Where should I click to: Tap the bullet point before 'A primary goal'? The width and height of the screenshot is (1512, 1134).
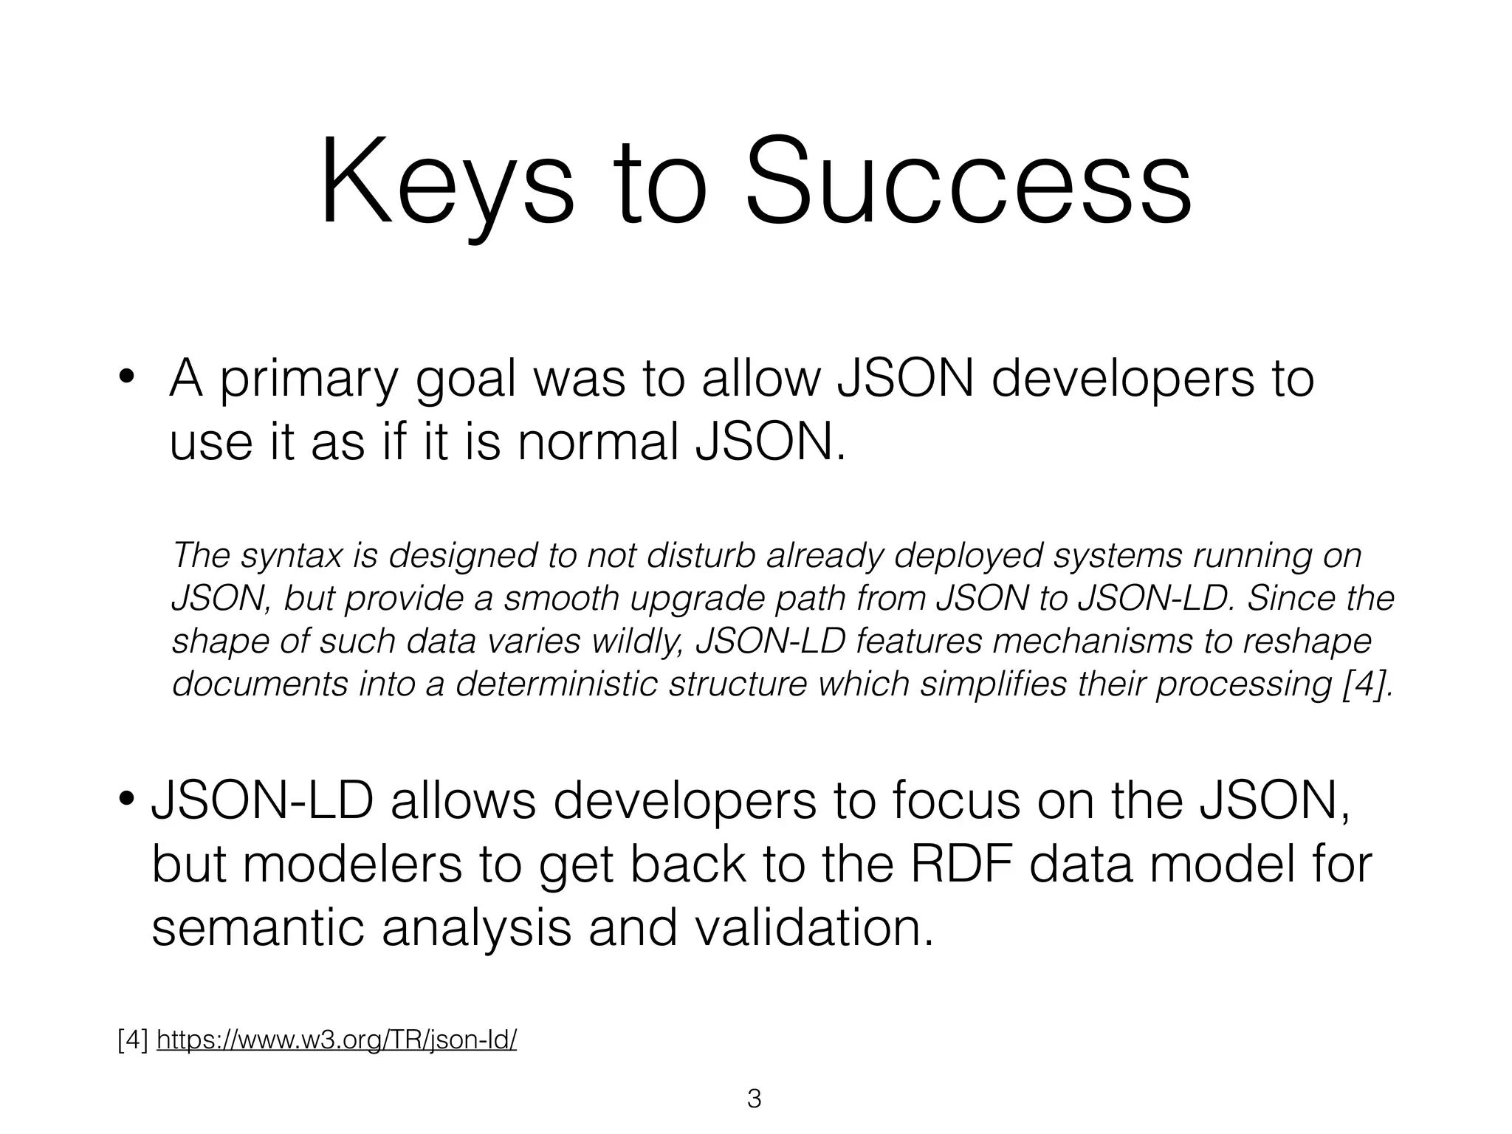pyautogui.click(x=126, y=377)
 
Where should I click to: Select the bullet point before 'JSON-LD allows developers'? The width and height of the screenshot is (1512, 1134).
pyautogui.click(x=126, y=798)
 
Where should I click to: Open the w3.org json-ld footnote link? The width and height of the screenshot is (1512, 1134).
pyautogui.click(x=337, y=1040)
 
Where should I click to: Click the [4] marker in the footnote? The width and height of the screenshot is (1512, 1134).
pyautogui.click(x=133, y=1040)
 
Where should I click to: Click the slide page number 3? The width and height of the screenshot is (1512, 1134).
pyautogui.click(x=754, y=1099)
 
